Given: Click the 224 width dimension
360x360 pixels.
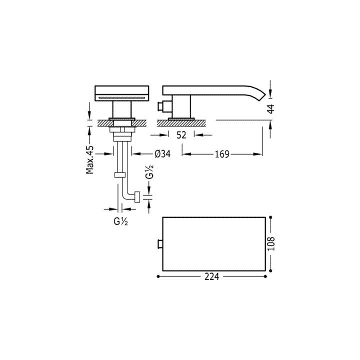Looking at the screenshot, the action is click(211, 276).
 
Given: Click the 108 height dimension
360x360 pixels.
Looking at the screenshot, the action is click(271, 244).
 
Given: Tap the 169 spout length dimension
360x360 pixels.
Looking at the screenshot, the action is click(222, 154).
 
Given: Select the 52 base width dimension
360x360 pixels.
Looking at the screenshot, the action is click(181, 135).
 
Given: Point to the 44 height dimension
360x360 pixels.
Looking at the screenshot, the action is click(271, 108).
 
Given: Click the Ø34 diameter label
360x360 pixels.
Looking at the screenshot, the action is click(162, 154).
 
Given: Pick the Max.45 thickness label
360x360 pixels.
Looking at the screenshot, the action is click(90, 159).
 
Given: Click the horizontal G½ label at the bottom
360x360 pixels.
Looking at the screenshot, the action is click(120, 222).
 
